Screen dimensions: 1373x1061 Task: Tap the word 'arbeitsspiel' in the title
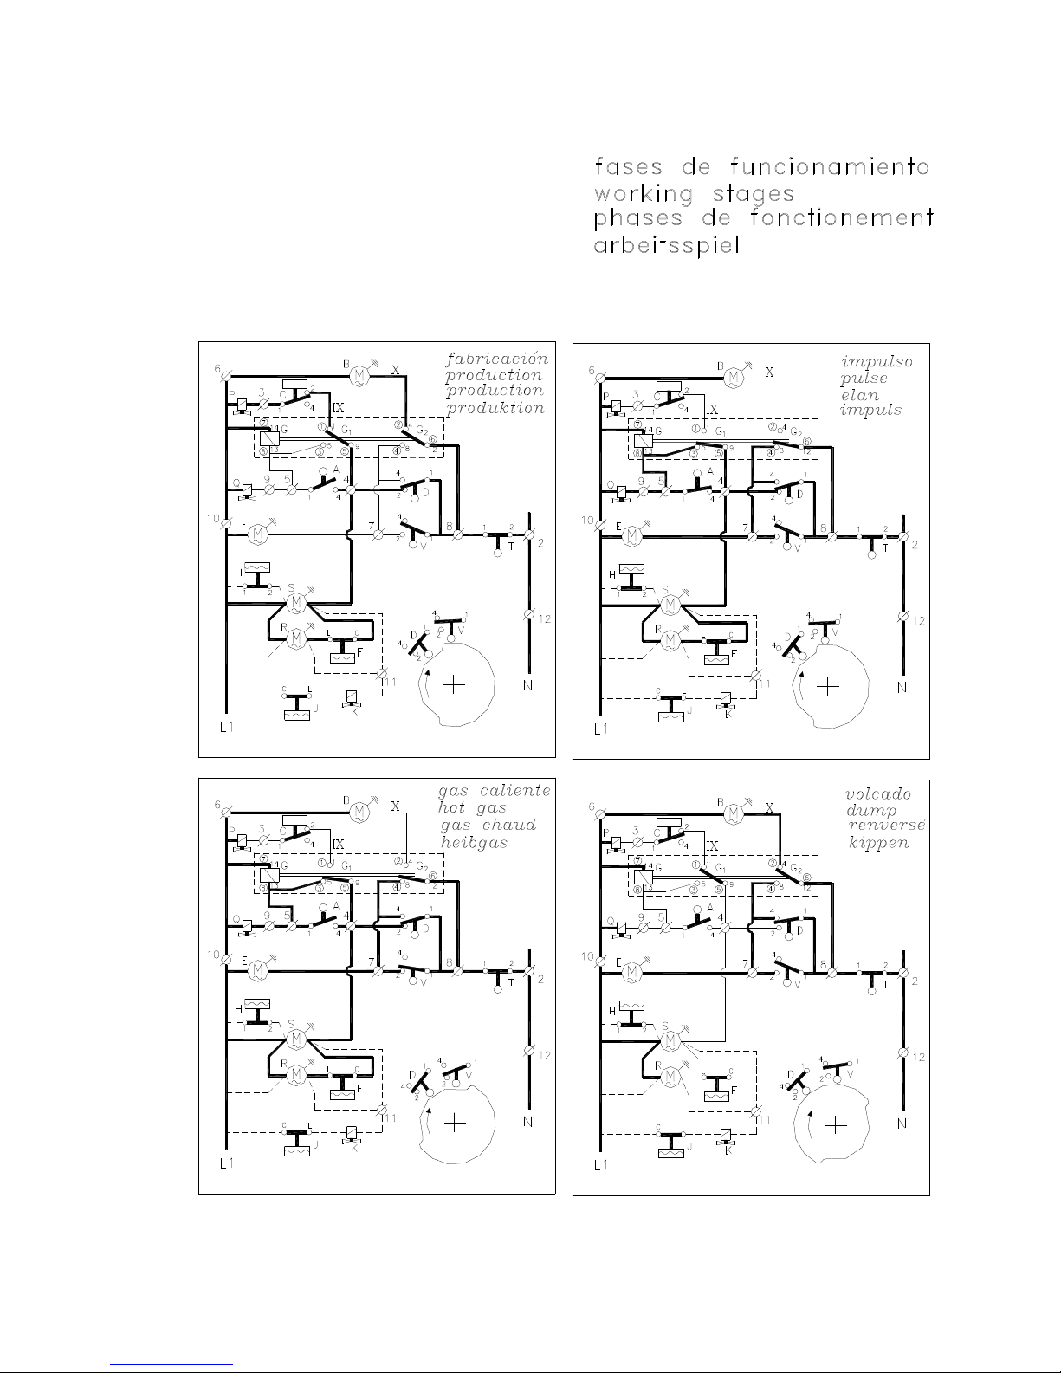(666, 245)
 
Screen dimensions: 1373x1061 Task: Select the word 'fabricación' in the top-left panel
(497, 358)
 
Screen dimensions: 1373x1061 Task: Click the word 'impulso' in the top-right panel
(877, 361)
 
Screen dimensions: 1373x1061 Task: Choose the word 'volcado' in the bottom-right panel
(877, 793)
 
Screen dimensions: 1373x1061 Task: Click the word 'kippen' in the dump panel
(878, 842)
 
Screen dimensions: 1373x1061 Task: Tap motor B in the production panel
(359, 374)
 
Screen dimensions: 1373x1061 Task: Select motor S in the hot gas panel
(295, 1037)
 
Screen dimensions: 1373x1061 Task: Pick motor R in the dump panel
(670, 1077)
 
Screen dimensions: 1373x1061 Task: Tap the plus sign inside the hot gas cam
(456, 1123)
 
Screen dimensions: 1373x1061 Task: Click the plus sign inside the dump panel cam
(834, 1125)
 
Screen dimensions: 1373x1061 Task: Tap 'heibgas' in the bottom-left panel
(473, 842)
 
